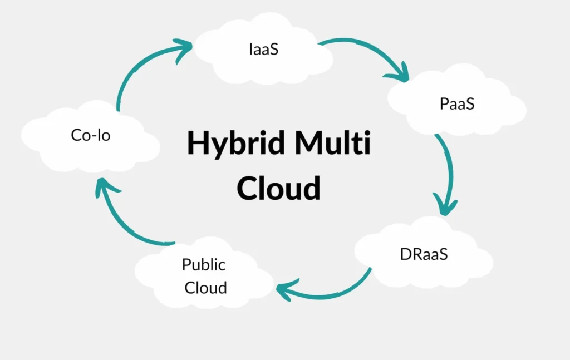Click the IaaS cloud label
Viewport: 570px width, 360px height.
264,49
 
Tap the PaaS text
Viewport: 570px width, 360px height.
456,103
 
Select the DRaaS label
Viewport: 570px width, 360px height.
424,254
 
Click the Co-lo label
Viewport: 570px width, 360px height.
91,135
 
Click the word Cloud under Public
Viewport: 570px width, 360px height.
206,288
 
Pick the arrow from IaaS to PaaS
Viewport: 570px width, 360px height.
367,48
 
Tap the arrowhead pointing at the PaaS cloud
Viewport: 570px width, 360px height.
399,72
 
